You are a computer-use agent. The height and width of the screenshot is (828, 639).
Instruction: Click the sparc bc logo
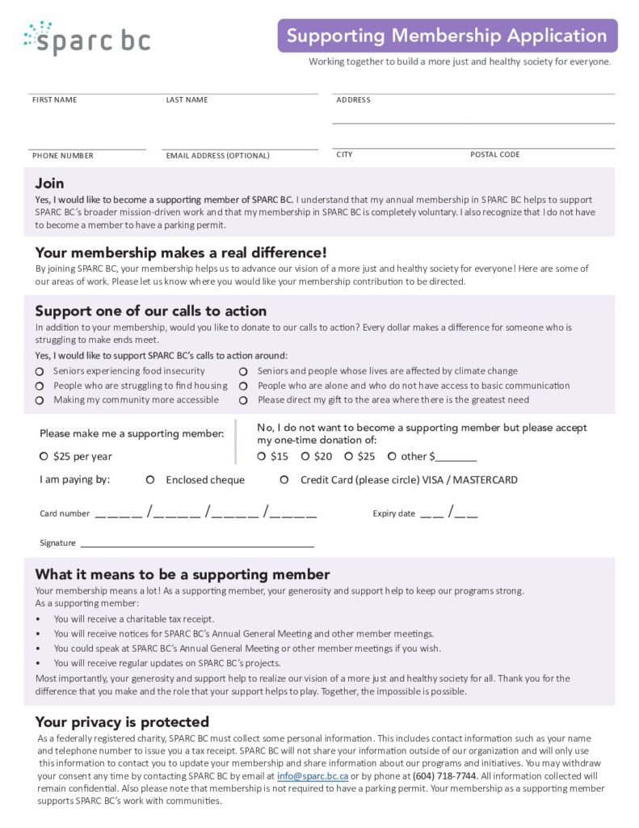coord(87,39)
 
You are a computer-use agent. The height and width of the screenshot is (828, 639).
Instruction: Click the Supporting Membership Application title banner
coord(447,36)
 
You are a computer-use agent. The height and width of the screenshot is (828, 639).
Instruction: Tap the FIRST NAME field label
coord(54,100)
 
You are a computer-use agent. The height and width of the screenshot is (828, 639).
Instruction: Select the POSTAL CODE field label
coord(494,154)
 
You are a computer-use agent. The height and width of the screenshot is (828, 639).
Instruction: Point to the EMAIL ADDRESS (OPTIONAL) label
coord(217,155)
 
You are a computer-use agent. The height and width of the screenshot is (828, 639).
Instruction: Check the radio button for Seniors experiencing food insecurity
coord(39,371)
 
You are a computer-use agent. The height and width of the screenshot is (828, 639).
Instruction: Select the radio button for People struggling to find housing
coord(39,386)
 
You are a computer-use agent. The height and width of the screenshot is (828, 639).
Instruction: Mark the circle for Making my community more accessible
coord(39,400)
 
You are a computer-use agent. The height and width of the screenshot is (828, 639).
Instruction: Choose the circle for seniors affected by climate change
coord(243,371)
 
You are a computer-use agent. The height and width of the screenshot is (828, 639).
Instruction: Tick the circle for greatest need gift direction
coord(243,400)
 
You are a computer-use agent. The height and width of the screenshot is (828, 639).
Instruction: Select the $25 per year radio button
coord(44,456)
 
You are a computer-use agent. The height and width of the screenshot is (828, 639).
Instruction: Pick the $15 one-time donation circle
coord(261,456)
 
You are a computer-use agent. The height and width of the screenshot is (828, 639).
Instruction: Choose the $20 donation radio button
coord(305,456)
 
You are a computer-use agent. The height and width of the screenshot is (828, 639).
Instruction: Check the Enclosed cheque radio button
coord(150,479)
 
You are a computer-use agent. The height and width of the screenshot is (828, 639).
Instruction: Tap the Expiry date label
coord(393,513)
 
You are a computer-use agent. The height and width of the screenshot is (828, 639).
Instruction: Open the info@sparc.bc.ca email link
coord(313,776)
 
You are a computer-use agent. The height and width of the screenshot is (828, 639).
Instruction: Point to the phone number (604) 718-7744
coord(444,776)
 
